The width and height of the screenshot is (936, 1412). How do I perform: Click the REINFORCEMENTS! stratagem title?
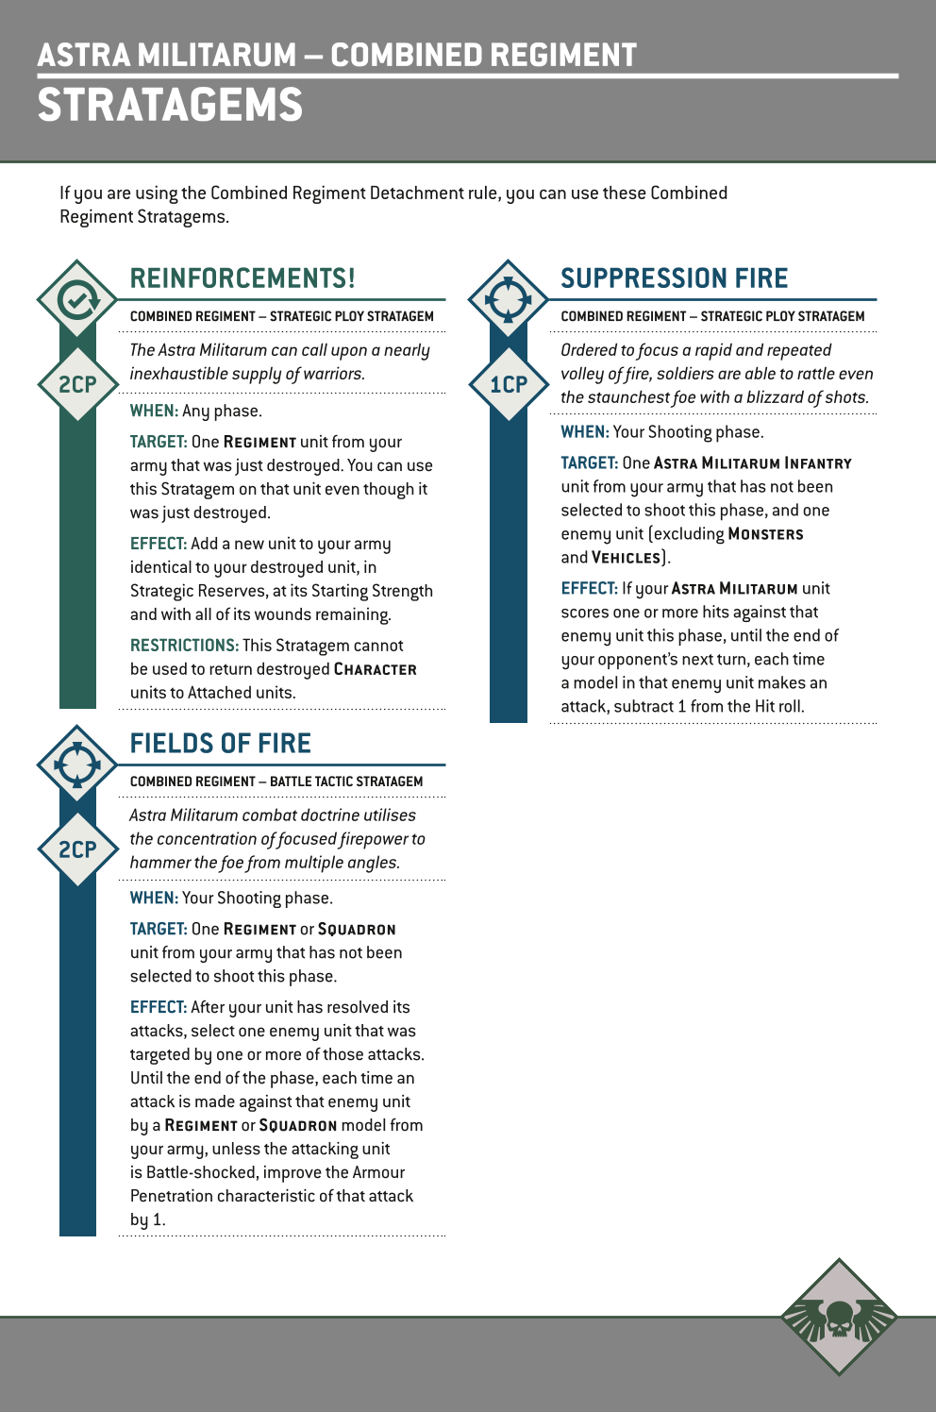point(242,278)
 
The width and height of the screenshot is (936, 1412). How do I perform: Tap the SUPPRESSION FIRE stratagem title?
point(674,278)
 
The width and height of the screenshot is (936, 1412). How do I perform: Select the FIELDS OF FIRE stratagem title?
point(220,744)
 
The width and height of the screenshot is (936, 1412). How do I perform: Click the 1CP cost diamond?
point(509,384)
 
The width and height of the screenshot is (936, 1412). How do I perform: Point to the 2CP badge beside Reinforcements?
point(77,384)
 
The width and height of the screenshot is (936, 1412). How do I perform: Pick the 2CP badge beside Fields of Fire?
point(77,849)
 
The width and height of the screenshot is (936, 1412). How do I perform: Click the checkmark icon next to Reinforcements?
point(77,300)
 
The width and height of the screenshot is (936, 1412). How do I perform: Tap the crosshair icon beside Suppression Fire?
point(509,300)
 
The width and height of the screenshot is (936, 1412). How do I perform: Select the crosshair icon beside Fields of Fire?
point(77,765)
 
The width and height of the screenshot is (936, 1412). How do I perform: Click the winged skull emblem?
point(839,1318)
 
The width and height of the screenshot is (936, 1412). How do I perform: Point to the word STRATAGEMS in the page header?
point(170,105)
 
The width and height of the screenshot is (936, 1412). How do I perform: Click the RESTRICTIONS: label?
point(184,646)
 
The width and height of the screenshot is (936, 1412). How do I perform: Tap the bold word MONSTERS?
point(766,534)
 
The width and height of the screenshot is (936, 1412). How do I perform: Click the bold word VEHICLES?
point(626,558)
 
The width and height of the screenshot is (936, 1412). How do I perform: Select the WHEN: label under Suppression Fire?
point(584,432)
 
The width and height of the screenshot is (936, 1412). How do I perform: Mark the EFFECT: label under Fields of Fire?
point(159,1007)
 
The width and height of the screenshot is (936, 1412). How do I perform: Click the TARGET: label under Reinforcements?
point(159,442)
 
